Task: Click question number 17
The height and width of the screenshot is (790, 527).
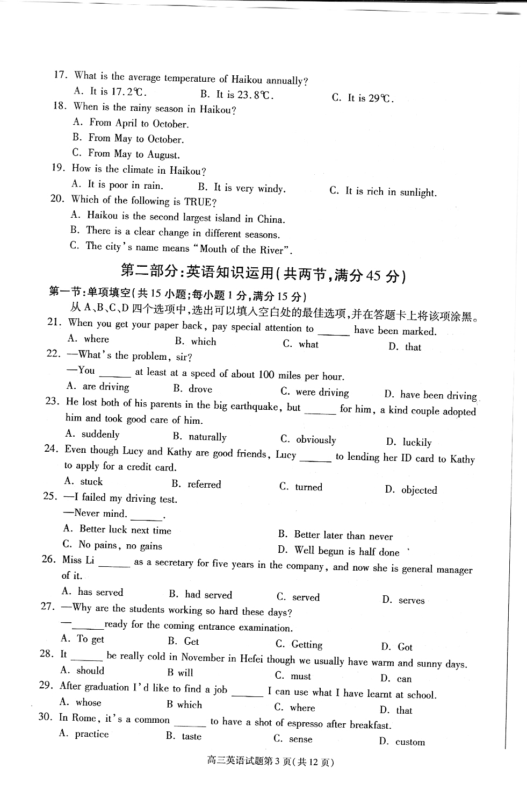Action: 60,75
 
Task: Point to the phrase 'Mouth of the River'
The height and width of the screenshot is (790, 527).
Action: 245,249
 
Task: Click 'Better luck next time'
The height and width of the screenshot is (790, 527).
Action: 125,530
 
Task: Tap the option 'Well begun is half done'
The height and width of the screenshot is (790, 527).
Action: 346,551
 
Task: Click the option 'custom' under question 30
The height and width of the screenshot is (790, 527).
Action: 410,742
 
